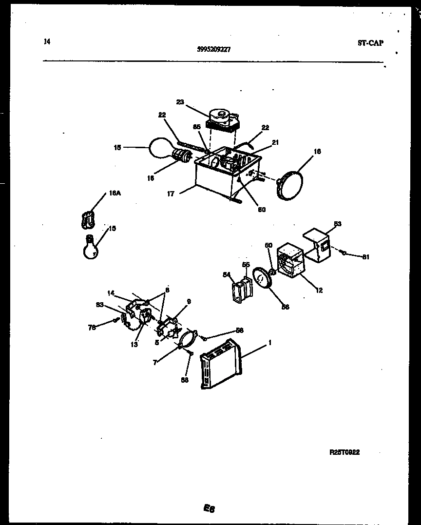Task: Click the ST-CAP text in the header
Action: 370,43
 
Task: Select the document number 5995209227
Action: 214,49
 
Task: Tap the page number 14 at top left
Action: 47,42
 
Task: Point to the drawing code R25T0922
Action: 344,452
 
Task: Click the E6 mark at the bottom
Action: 209,508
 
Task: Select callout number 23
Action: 180,102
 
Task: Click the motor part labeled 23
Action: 222,119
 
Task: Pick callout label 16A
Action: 114,193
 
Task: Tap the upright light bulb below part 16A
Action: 91,247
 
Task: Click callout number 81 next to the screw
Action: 366,257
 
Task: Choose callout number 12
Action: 319,291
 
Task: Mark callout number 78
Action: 92,327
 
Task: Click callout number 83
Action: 99,305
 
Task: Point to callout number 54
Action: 226,275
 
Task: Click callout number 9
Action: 189,302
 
